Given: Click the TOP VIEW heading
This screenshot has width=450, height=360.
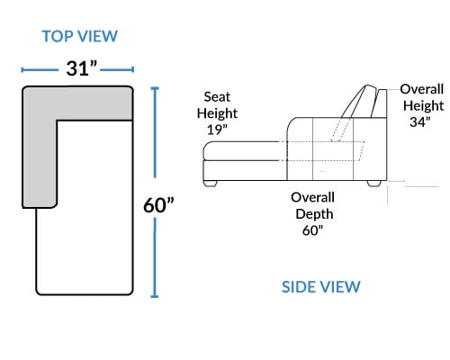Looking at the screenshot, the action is (x=79, y=36).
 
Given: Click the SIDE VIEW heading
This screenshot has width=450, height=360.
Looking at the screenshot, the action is (x=321, y=287).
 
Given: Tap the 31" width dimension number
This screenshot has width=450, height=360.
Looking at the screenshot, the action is (x=82, y=68).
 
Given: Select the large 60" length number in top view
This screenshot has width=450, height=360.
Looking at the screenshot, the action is (x=158, y=205).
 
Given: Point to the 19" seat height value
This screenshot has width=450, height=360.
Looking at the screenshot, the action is (x=217, y=130).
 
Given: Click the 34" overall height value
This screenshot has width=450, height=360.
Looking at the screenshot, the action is (x=420, y=121).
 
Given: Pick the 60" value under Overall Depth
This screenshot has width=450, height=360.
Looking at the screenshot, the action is (x=313, y=230).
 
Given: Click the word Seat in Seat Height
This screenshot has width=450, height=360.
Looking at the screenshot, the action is (x=217, y=97).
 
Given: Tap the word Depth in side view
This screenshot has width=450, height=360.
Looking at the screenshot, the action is (x=314, y=214).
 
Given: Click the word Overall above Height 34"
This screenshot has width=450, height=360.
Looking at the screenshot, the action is (x=422, y=89).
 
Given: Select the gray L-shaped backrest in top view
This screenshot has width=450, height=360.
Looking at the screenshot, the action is (x=40, y=120).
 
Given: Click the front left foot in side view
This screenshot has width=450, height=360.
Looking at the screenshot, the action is (x=210, y=184).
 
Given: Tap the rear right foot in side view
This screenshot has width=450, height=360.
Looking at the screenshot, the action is (x=374, y=184).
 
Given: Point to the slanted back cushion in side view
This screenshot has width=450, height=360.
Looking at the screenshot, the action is (x=359, y=102).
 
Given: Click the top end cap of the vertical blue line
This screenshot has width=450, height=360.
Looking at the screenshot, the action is (x=155, y=88).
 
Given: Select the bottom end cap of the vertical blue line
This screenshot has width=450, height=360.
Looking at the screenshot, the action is (x=155, y=296).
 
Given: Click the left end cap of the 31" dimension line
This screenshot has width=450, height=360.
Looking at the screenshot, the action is (x=22, y=70).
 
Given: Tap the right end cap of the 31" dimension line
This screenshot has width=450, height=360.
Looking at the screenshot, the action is (x=132, y=70).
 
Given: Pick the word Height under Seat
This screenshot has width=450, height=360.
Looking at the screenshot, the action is (x=217, y=113).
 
